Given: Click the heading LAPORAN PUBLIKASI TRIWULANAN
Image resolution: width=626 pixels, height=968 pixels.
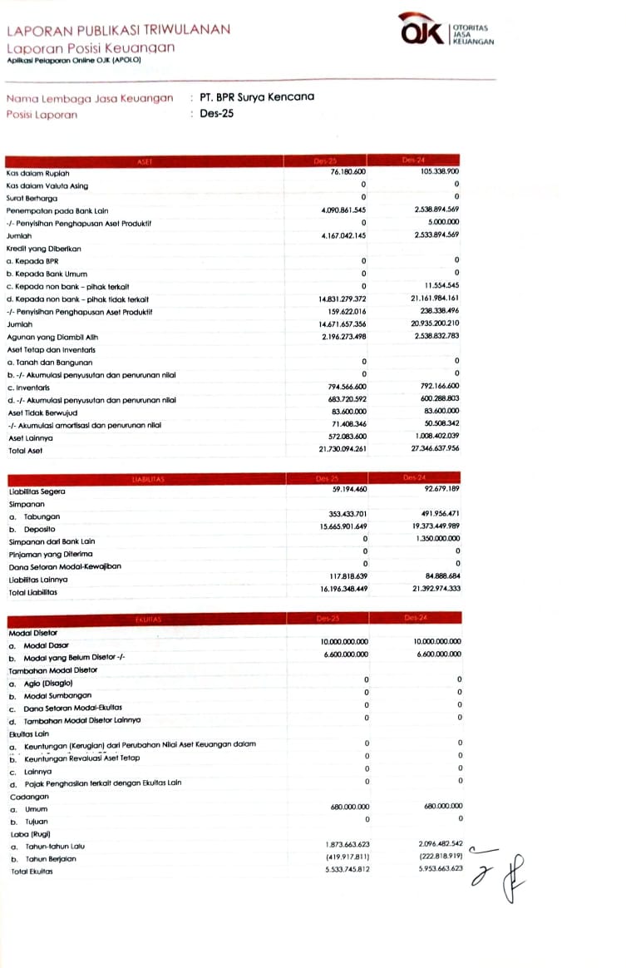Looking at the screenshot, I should pos(118,30).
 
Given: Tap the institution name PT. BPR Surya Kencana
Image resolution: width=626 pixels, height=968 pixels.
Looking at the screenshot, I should pos(257,96).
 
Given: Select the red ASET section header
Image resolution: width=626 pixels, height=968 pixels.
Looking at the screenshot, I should pos(145,161).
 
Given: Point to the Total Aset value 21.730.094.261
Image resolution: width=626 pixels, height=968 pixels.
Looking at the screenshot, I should pos(343,450).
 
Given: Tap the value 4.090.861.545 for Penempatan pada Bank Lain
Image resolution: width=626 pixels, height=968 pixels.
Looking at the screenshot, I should pos(343,210).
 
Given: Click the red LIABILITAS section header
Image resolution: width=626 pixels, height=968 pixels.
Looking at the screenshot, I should pos(145,479).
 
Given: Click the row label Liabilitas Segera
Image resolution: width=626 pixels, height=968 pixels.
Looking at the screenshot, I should pos(36,491).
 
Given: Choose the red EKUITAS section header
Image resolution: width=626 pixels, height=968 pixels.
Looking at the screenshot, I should pos(145,619).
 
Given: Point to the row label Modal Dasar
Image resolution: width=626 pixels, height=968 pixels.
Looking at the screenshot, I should pos(47,645).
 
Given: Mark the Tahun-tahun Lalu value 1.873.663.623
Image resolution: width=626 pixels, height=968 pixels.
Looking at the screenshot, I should pos(345,845).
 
